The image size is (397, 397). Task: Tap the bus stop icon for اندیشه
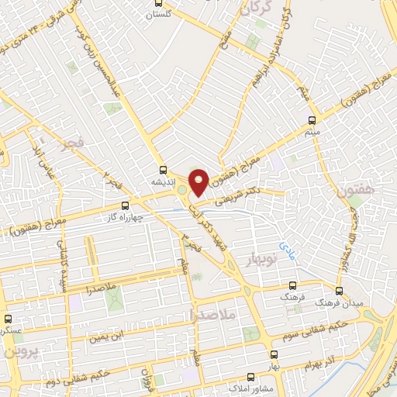pos(162,169)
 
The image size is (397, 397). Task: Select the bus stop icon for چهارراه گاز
pos(126,205)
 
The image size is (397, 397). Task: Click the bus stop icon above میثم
pos(312,120)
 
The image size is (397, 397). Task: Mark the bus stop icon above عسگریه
pos(9,319)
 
